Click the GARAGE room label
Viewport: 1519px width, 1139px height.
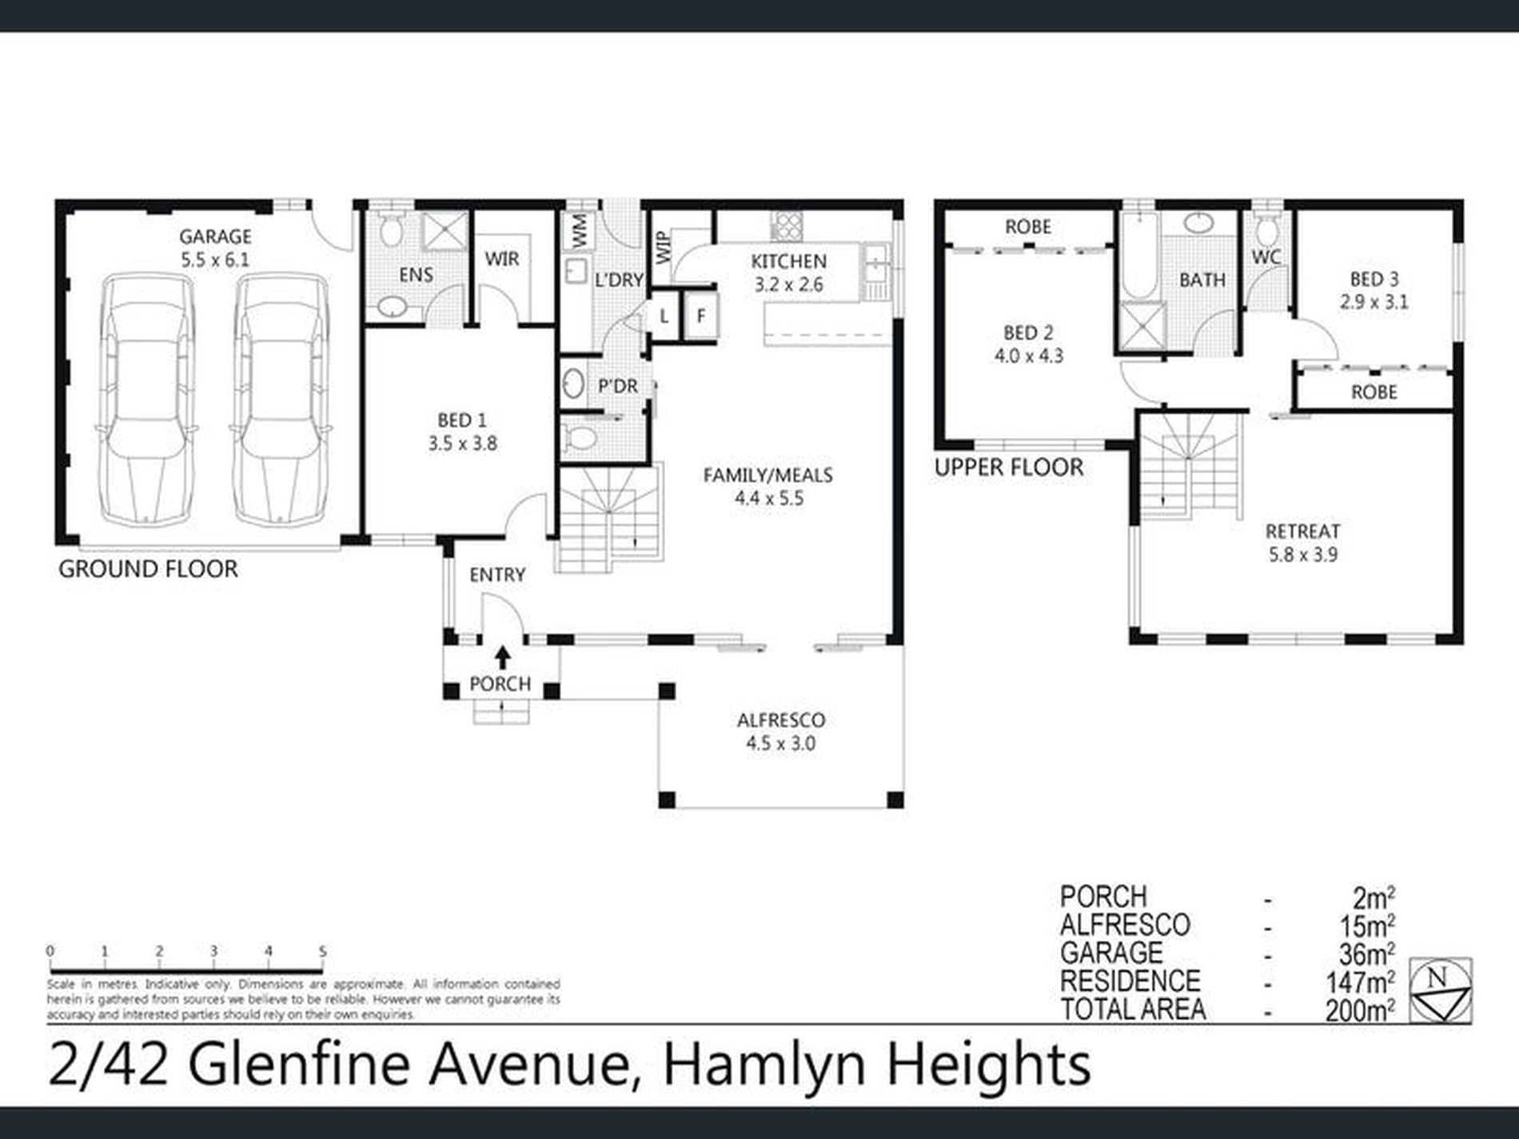click(x=215, y=237)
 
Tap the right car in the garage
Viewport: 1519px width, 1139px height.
click(x=280, y=400)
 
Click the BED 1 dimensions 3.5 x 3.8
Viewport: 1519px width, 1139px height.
click(x=462, y=444)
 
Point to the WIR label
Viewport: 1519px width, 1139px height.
click(x=502, y=259)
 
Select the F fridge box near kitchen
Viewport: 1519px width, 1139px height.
click(x=701, y=316)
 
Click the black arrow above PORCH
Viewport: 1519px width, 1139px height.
click(x=502, y=657)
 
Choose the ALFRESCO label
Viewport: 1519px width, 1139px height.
click(x=780, y=720)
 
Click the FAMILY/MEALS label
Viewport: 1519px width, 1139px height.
click(x=767, y=476)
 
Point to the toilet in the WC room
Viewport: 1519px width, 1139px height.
click(x=1266, y=231)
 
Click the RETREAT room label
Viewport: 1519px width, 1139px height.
click(x=1302, y=532)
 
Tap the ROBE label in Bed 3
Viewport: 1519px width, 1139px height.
click(x=1373, y=392)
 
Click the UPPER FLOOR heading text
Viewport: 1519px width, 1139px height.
click(x=1009, y=468)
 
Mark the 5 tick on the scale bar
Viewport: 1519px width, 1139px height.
click(x=323, y=952)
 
